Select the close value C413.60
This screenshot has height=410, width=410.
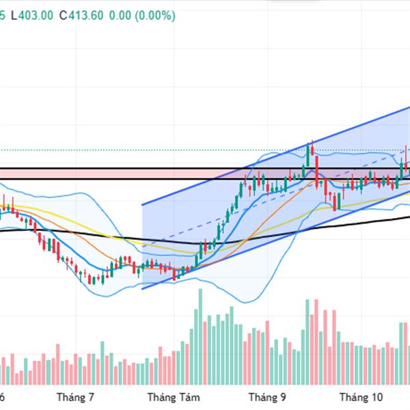click(x=81, y=15)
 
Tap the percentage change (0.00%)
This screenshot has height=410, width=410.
click(x=156, y=15)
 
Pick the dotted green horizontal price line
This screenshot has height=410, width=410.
click(x=137, y=150)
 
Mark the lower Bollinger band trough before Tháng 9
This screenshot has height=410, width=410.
click(x=246, y=301)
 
